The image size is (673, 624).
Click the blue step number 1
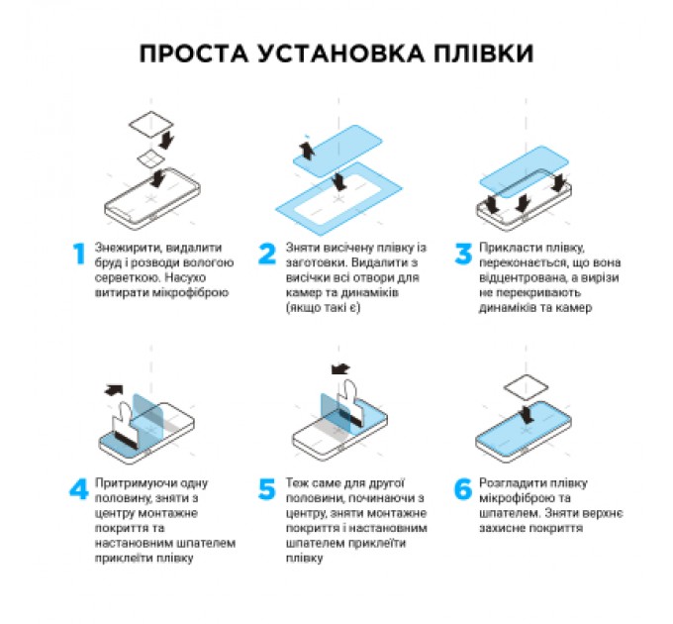(x=78, y=254)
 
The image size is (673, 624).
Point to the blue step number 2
(x=266, y=254)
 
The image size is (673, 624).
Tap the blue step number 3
(x=462, y=254)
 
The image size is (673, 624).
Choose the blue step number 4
(x=78, y=490)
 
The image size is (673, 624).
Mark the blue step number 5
(x=266, y=490)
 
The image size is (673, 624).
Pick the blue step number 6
(x=462, y=490)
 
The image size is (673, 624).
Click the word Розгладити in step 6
(x=512, y=482)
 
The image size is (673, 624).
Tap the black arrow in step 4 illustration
(x=116, y=389)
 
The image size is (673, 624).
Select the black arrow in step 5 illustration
(x=341, y=369)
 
